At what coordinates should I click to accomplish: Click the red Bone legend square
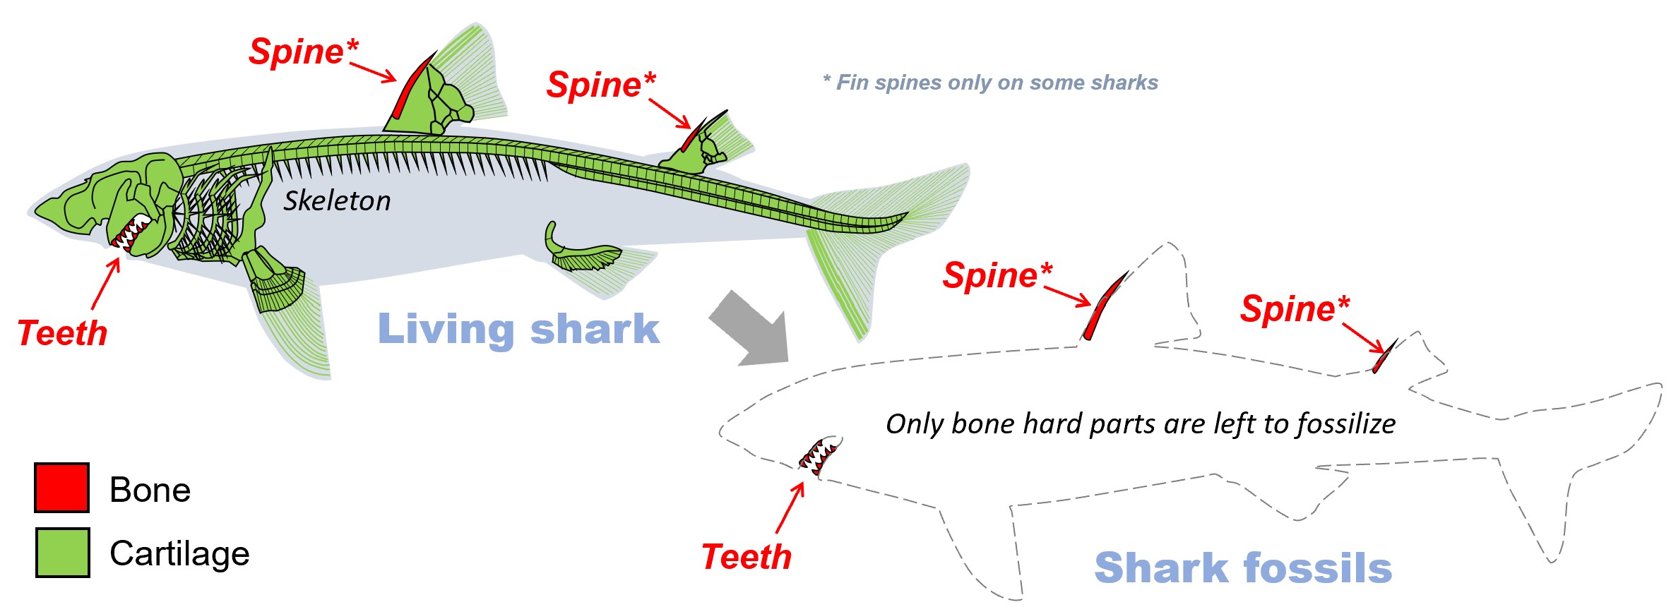[61, 487]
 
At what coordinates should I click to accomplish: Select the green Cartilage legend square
[62, 552]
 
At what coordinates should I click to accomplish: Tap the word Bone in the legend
[150, 490]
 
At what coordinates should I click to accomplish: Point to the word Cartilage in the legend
[179, 553]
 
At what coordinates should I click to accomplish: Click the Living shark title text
[518, 329]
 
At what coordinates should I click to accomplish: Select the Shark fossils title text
[1242, 568]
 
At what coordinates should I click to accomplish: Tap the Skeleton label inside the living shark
[337, 201]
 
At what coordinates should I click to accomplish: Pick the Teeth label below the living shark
[63, 333]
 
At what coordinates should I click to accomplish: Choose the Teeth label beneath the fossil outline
[747, 557]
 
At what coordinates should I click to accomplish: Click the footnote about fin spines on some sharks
[990, 83]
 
